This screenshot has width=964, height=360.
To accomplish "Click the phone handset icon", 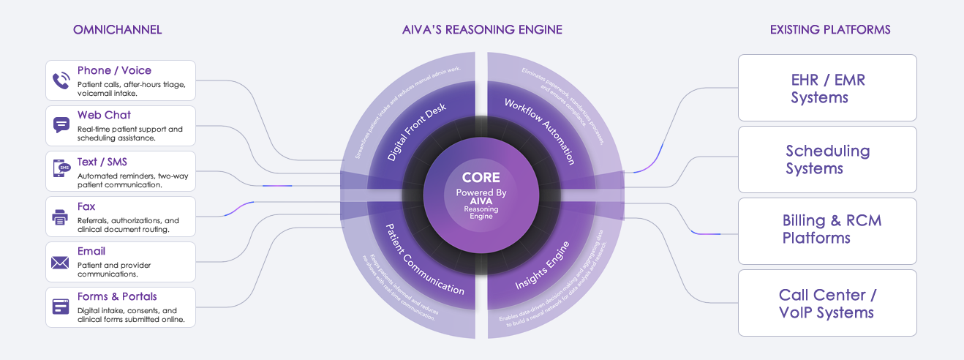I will click(61, 80).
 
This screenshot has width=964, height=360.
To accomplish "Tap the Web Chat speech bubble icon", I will click(61, 125).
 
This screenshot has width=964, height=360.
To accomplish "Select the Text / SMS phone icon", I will click(61, 170).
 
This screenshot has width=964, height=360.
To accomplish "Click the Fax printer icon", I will click(61, 217).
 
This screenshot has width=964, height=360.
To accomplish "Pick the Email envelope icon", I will click(61, 262).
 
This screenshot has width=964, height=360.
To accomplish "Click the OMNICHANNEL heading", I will click(117, 30).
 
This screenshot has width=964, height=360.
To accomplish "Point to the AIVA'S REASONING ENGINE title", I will click(482, 30).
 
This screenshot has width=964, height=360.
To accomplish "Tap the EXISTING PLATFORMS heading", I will click(830, 30).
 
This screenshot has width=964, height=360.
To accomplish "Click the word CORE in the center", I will click(481, 177).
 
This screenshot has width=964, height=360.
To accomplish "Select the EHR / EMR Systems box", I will click(827, 88).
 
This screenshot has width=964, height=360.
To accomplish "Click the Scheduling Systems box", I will click(827, 160).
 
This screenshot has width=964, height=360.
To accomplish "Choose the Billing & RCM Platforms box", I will click(827, 229).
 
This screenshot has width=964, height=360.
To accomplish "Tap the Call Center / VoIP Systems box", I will click(827, 303).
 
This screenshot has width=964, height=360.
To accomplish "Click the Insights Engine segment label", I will click(543, 262).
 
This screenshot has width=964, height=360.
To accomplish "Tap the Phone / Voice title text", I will click(114, 71).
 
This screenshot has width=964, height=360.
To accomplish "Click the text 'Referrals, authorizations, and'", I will click(128, 220).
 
